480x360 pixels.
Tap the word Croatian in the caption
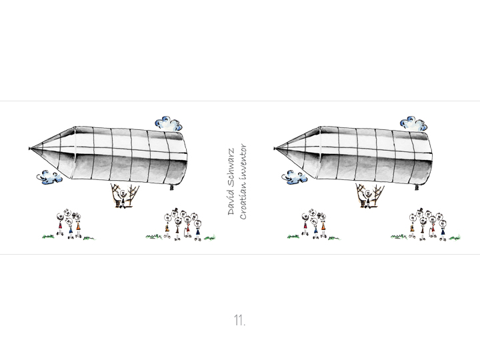(243, 205)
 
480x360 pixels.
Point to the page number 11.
(240, 320)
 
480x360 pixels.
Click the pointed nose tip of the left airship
(29, 149)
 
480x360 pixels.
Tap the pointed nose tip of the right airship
(275, 149)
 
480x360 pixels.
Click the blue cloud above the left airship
(169, 124)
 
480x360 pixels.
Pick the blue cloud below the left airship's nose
(49, 177)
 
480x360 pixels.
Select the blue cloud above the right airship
(413, 124)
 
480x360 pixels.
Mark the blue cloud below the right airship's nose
(295, 177)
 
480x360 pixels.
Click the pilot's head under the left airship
(123, 194)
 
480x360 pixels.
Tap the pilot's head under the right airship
(368, 194)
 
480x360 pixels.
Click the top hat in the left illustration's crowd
(175, 210)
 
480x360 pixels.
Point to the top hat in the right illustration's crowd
(420, 210)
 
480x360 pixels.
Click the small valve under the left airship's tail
(171, 187)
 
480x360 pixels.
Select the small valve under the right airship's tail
(417, 187)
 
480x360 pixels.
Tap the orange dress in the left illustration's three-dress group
(79, 226)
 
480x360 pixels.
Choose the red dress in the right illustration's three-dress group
(305, 225)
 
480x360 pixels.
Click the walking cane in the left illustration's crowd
(184, 232)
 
